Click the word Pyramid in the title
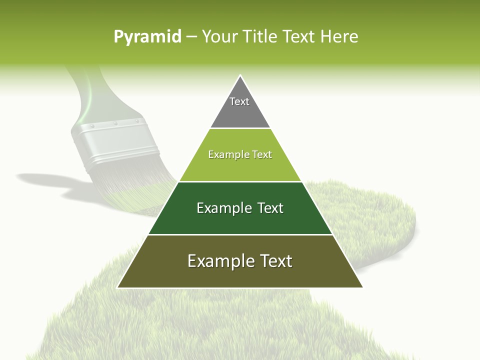click(147, 37)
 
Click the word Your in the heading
click(220, 36)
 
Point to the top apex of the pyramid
click(240, 76)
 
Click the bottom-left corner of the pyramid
click(118, 287)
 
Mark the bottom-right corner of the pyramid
click(362, 287)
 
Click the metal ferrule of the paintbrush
click(115, 142)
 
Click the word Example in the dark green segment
click(218, 208)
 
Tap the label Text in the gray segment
click(239, 101)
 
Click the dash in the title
click(191, 37)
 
